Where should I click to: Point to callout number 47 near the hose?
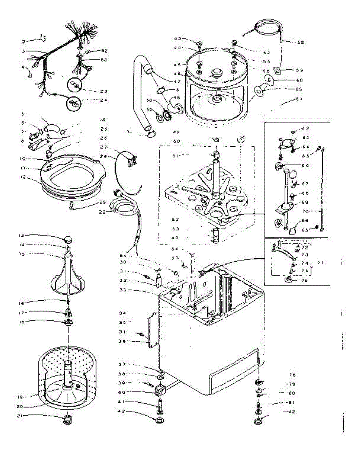click(177, 81)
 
